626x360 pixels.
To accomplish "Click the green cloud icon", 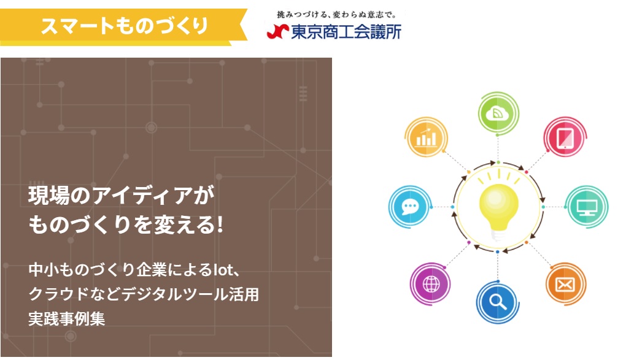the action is pos(498,113).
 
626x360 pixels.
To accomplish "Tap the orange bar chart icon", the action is pos(426,137).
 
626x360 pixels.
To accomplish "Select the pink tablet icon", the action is pos(565,137).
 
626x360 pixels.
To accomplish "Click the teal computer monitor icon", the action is pos(587,207).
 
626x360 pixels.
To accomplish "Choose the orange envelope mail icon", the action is pos(565,284).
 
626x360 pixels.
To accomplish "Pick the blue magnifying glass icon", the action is pos(498,302).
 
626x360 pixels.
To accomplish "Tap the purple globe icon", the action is pos(431,284).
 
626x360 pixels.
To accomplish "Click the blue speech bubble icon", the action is pos(409,207).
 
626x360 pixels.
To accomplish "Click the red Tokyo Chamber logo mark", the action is pos(277,31).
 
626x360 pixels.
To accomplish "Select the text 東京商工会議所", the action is pos(346,32).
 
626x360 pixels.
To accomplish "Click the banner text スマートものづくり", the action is pos(124,26).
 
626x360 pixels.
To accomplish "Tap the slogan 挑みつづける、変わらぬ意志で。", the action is pos(336,15).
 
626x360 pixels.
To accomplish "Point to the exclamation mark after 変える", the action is pos(219,224).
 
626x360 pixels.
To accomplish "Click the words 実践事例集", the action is pos(67,319).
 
